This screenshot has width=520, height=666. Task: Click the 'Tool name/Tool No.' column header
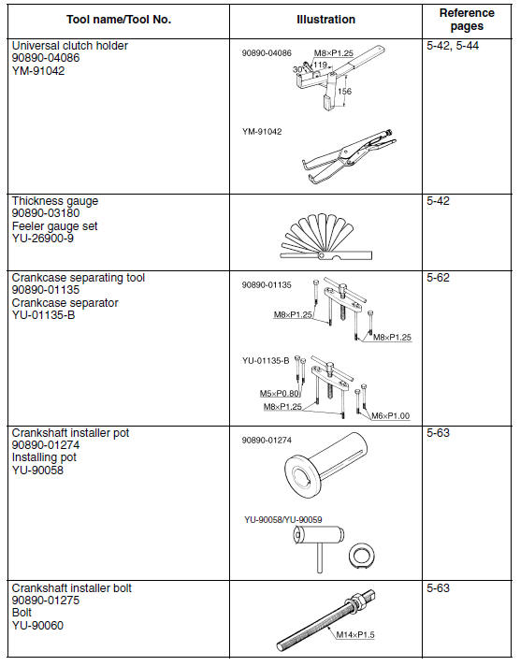tap(119, 20)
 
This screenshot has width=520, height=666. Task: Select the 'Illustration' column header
tap(325, 20)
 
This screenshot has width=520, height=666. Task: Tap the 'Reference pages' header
tap(467, 20)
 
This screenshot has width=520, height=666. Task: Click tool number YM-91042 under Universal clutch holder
tap(38, 71)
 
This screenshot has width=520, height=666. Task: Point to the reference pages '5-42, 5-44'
tap(453, 46)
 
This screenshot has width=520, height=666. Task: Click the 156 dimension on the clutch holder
tap(344, 92)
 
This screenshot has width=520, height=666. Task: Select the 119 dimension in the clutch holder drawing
tap(320, 65)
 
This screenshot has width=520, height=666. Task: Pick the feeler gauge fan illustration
tap(325, 238)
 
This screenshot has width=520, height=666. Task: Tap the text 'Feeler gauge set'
tap(55, 226)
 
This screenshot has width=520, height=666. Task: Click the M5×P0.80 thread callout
tap(280, 393)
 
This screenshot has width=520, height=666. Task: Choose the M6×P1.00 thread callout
tap(390, 416)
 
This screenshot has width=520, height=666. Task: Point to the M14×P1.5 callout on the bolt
tap(355, 634)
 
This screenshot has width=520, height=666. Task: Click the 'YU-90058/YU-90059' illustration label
tap(283, 519)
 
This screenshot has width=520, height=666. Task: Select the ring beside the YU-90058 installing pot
tap(362, 555)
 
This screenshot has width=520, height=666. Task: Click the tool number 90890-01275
tap(46, 601)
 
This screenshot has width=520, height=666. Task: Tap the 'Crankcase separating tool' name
tap(79, 278)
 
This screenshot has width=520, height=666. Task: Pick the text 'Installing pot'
tap(44, 457)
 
